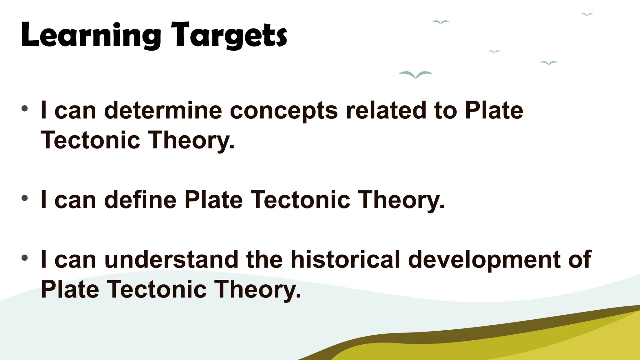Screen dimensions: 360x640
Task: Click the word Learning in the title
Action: (x=91, y=35)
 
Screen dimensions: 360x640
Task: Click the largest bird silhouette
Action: (x=415, y=75)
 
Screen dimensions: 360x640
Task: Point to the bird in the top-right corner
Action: (x=587, y=14)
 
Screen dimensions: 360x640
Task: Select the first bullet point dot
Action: (x=25, y=109)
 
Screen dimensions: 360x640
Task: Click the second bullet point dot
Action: (x=25, y=198)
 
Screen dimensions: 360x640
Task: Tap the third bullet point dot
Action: (x=25, y=258)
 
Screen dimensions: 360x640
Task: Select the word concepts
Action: (x=284, y=111)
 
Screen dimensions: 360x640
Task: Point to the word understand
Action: (x=171, y=259)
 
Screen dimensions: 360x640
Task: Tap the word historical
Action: (x=345, y=259)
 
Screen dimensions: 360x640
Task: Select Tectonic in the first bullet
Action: (x=90, y=140)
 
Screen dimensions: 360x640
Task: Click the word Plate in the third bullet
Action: (x=70, y=289)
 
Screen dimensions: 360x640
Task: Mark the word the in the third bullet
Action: (x=264, y=259)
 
